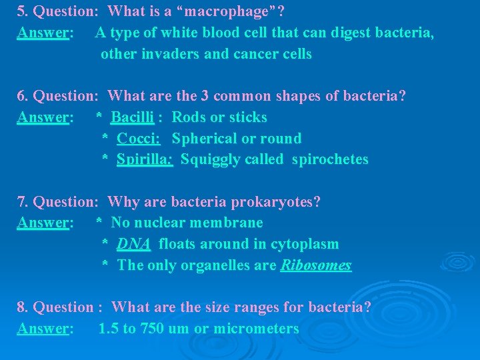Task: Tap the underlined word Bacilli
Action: point(132,117)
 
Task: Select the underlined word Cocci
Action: point(137,139)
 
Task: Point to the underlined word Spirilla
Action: point(144,159)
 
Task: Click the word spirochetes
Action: point(330,159)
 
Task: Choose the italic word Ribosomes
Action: point(316,265)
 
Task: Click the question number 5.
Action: point(22,11)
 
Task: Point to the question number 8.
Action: point(22,307)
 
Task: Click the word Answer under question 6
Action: point(44,117)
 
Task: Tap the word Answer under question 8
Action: point(44,329)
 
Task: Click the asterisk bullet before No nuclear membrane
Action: point(99,223)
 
